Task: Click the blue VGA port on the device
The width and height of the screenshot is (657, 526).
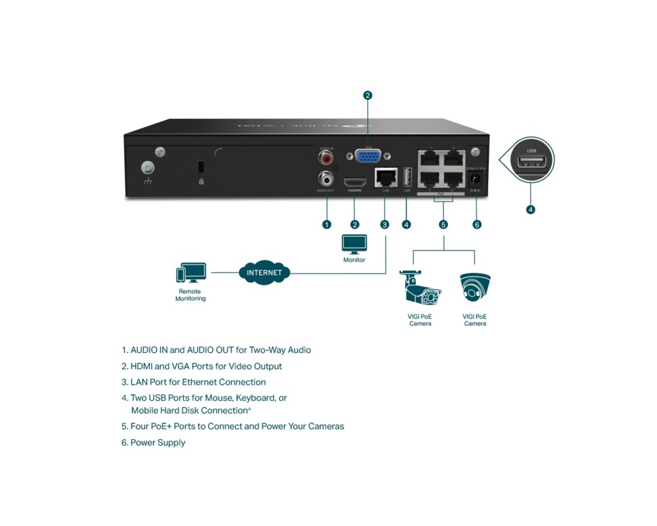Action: coord(369,156)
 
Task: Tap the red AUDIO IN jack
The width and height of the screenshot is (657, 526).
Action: coord(326,158)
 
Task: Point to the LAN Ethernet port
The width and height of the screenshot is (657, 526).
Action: coord(386,178)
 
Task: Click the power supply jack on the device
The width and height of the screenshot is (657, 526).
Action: coord(476,178)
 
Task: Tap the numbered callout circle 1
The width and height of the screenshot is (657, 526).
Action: coord(327,224)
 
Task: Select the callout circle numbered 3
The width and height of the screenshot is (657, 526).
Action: coord(385,224)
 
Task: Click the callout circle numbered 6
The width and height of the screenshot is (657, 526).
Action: coord(477,224)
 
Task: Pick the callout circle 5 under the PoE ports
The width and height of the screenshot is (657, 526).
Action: coord(443,224)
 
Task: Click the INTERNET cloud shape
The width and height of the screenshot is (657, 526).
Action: coord(264,272)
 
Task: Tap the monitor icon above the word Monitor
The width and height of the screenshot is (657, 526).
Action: coord(354,243)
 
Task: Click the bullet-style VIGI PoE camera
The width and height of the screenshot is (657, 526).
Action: coord(420,289)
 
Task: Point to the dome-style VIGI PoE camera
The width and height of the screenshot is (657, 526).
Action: coord(475,287)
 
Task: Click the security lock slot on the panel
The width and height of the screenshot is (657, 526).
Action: coord(201,167)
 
